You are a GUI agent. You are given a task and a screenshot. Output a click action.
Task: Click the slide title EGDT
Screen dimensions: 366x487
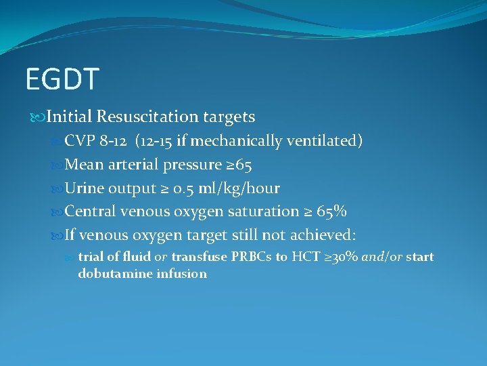(x=62, y=79)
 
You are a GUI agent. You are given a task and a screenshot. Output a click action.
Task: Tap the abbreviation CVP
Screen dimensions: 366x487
(x=81, y=141)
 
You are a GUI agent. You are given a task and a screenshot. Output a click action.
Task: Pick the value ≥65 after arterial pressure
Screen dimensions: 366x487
(x=239, y=165)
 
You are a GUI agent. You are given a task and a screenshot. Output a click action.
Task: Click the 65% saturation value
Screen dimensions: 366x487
(x=331, y=211)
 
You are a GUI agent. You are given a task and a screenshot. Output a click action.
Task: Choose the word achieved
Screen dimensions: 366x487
(x=323, y=235)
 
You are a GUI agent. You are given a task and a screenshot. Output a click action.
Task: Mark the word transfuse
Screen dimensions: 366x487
(x=199, y=258)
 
